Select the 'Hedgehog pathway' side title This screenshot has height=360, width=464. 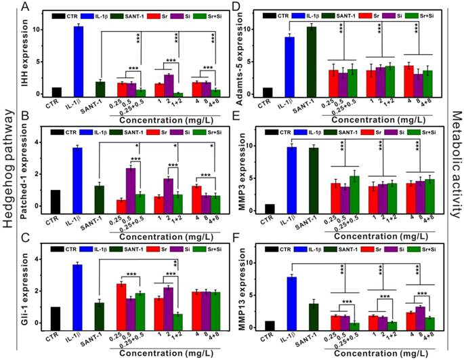9,180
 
